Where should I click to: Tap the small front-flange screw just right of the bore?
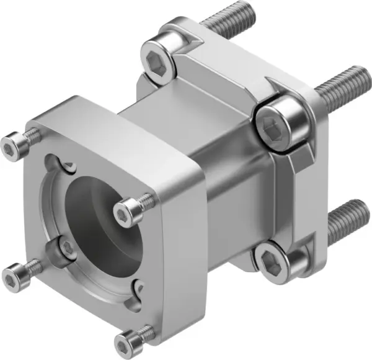click(128, 209)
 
